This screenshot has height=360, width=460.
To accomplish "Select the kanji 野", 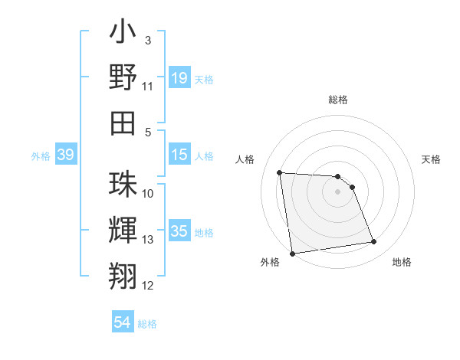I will click(123, 77).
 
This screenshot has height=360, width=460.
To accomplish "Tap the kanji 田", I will click(123, 122).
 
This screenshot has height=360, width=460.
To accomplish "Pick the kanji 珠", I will click(123, 184).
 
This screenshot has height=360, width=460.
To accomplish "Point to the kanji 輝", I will click(123, 230).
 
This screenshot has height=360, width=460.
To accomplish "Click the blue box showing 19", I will click(179, 77).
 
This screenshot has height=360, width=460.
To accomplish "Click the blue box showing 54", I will click(123, 322).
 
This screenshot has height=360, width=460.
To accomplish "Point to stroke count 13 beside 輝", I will click(148, 240).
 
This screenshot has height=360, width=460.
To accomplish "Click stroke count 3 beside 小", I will click(148, 40).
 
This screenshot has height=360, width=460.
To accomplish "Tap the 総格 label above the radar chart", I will click(337, 100).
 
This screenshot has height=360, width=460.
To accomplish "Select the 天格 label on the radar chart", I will click(432, 159).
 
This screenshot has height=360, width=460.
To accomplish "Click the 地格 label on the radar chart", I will click(402, 263).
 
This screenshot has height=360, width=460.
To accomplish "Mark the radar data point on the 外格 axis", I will click(292, 254).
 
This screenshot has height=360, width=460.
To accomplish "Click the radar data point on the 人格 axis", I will click(280, 172).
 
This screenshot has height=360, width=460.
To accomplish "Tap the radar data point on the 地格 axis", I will click(374, 242).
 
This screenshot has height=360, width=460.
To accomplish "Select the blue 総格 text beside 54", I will click(147, 324).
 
